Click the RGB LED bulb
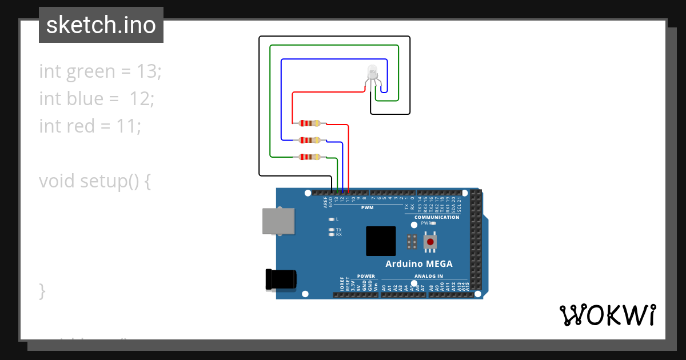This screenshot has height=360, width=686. point(372,73)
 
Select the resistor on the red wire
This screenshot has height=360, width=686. point(309,123)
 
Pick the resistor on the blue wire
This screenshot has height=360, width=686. point(309,140)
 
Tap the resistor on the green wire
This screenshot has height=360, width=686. point(309,157)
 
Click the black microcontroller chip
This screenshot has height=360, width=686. point(381,241)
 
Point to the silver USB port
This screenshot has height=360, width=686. point(279,221)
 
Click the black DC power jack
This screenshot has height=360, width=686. point(281,279)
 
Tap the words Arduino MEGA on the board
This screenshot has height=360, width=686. point(418,264)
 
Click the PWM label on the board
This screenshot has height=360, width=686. point(367,208)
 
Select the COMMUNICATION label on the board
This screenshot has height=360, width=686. point(437,217)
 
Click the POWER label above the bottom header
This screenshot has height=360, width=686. point(366,276)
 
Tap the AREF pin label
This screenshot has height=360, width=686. point(325,199)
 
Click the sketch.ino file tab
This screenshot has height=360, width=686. point(101,25)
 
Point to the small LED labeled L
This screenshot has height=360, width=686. point(331,219)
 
